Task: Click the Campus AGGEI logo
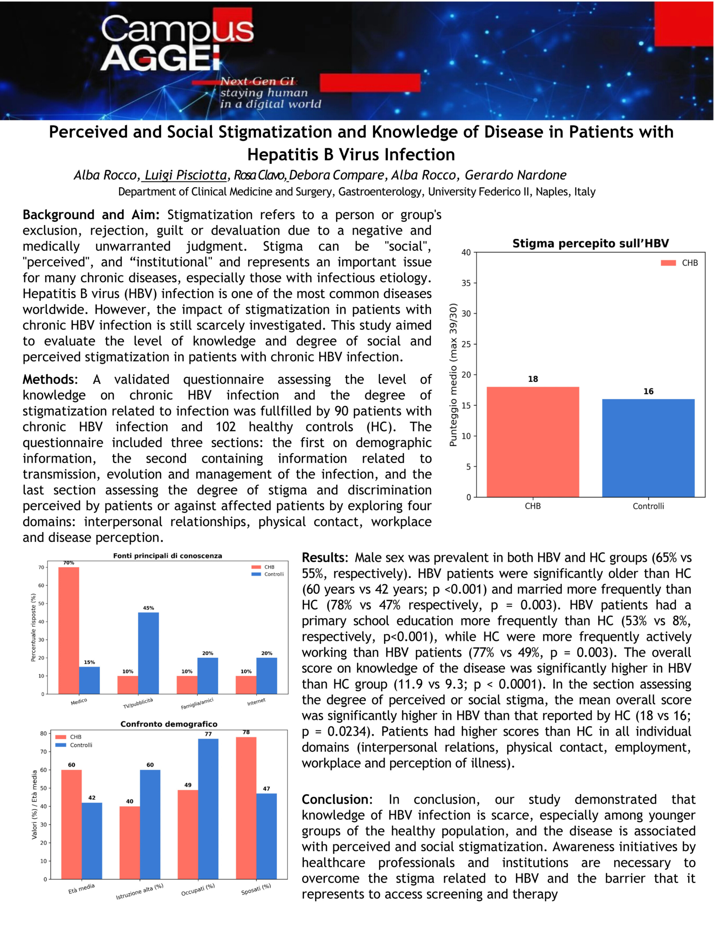tap(177, 43)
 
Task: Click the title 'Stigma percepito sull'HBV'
tap(590, 244)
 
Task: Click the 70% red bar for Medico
tap(69, 630)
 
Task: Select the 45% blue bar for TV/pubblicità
tap(148, 653)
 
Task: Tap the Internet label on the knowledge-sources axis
tap(256, 702)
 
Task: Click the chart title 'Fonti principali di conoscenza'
tap(167, 556)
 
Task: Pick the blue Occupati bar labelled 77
tap(208, 809)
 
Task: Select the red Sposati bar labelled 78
tap(246, 808)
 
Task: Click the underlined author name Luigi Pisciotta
tap(186, 175)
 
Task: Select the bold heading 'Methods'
tap(49, 379)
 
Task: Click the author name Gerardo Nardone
tap(515, 175)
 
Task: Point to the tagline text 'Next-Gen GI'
tap(257, 81)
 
